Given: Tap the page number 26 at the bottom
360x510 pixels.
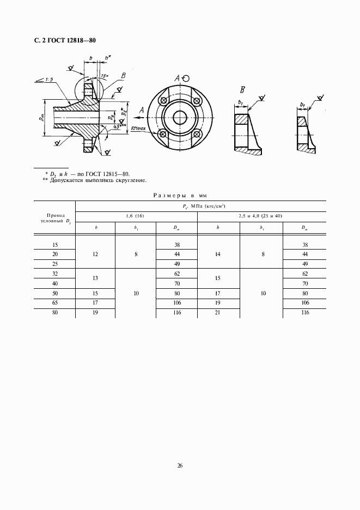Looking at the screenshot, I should tap(180, 465).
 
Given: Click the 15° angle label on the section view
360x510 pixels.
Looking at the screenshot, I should tap(105, 77).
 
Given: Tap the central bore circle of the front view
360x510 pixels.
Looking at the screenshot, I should tap(180, 117).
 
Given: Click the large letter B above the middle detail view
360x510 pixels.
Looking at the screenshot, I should tap(242, 90).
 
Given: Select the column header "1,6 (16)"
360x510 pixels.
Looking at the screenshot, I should tap(136, 216).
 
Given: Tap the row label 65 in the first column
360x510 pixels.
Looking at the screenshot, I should tap(54, 303).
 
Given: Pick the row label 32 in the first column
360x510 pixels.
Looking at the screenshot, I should tap(54, 274).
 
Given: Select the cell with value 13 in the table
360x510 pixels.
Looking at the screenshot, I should tap(95, 278).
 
